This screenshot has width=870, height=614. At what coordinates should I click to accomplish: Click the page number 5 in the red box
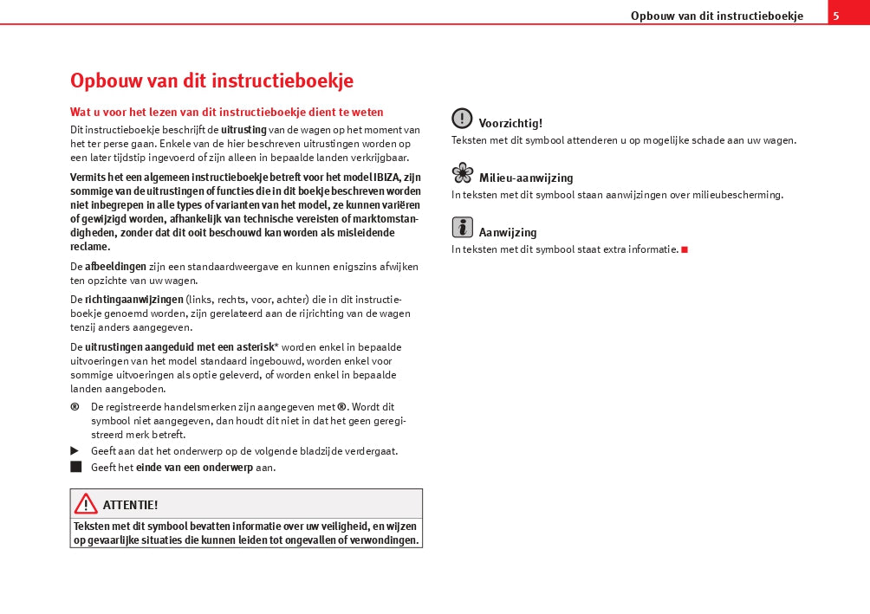(836, 16)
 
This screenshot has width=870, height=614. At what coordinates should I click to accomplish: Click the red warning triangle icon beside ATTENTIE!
(86, 503)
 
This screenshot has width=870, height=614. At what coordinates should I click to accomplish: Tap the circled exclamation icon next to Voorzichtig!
(462, 119)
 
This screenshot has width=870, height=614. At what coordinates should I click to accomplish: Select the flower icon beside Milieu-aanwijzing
(463, 173)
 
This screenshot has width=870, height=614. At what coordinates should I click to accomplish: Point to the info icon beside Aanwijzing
(462, 228)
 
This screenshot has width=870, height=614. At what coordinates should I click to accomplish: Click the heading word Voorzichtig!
(510, 124)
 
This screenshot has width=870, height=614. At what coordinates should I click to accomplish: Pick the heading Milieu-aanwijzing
(526, 178)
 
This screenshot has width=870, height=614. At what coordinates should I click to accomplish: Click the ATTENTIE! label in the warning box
(130, 505)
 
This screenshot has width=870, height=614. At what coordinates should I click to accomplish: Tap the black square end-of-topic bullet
(76, 467)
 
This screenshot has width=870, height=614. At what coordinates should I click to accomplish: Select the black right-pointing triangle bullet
(75, 451)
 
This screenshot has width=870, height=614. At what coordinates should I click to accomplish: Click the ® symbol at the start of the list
(75, 406)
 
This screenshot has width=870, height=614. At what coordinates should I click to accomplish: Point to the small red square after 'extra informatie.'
(685, 249)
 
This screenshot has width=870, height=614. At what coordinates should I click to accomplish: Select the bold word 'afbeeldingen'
(115, 266)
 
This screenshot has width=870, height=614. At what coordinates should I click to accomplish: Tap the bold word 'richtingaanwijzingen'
(133, 300)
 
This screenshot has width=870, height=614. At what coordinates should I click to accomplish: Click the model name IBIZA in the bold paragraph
(387, 178)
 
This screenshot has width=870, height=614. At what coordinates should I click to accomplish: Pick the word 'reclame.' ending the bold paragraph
(90, 247)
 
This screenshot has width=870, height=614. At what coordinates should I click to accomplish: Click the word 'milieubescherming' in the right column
(737, 195)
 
